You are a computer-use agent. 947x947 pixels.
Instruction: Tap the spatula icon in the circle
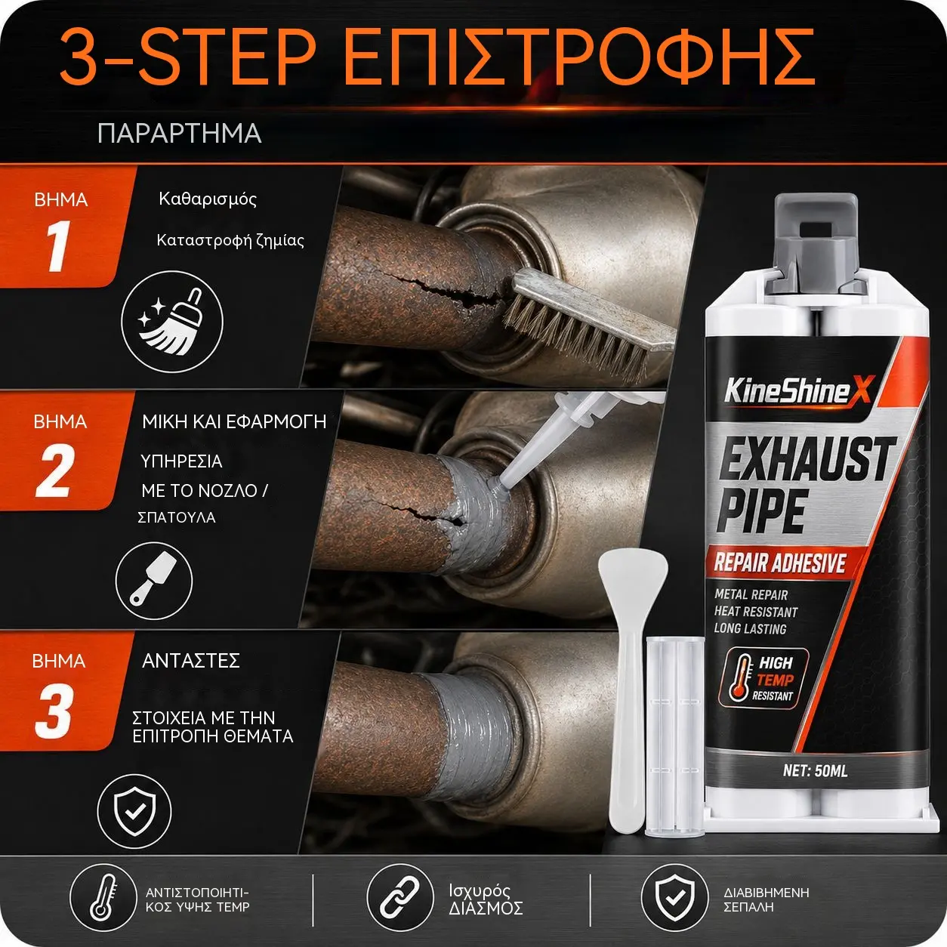[154, 581]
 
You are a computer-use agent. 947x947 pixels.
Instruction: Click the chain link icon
[400, 897]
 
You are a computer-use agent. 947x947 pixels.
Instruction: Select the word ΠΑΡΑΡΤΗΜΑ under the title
[180, 134]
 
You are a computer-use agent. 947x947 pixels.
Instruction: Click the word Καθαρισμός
[208, 199]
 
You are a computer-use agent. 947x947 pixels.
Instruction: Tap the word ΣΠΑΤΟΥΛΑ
[177, 517]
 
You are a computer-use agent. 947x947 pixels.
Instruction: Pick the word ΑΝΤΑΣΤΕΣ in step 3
[190, 661]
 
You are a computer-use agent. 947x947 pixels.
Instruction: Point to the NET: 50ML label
[816, 770]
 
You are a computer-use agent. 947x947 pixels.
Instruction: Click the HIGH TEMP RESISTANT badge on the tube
[763, 678]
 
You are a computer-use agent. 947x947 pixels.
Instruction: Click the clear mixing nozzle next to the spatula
[674, 736]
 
